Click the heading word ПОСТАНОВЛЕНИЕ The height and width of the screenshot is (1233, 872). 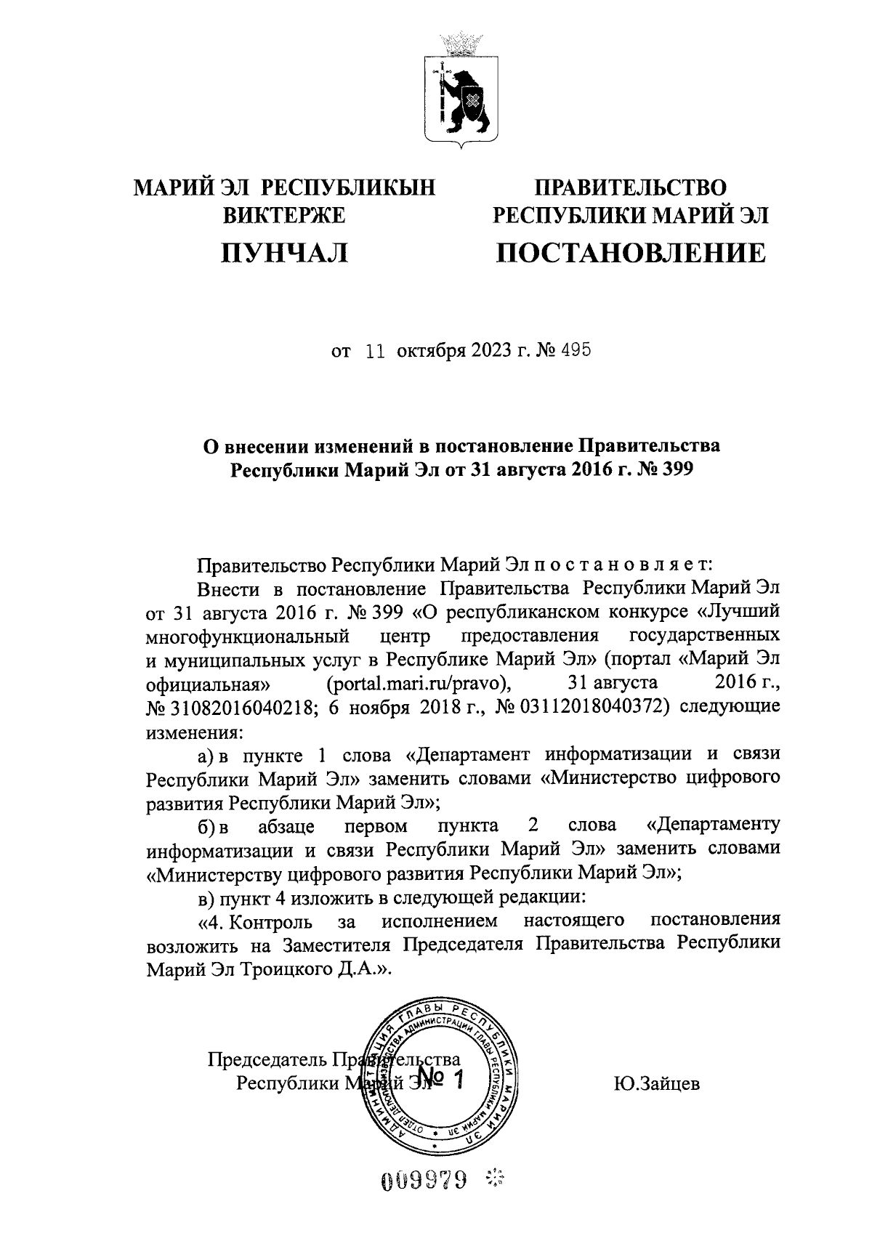coord(630,254)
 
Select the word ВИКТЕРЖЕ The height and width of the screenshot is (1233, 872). coord(284,215)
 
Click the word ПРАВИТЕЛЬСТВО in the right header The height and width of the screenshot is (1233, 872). coord(630,188)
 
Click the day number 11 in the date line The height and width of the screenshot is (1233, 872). coord(375,352)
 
